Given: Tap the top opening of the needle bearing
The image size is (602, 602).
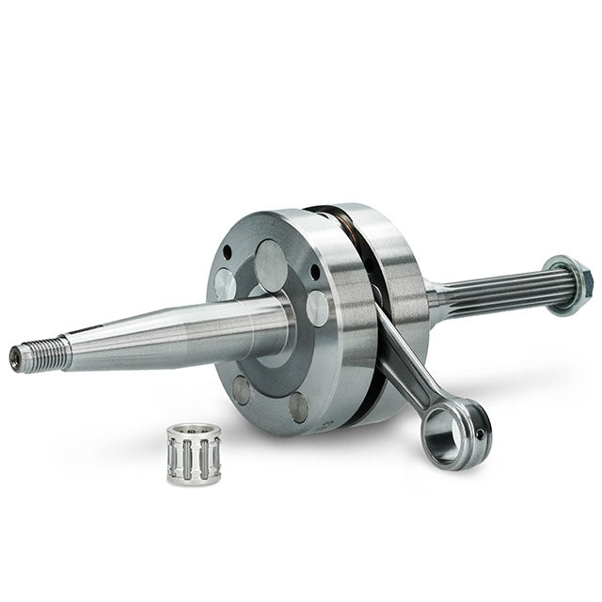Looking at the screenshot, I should [194, 434].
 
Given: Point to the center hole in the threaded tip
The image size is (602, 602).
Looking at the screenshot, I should [15, 356].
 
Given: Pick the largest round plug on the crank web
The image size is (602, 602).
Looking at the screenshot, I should [272, 265].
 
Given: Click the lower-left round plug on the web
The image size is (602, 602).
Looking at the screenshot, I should [242, 389].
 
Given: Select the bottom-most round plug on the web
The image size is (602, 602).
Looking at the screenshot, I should [298, 406].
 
